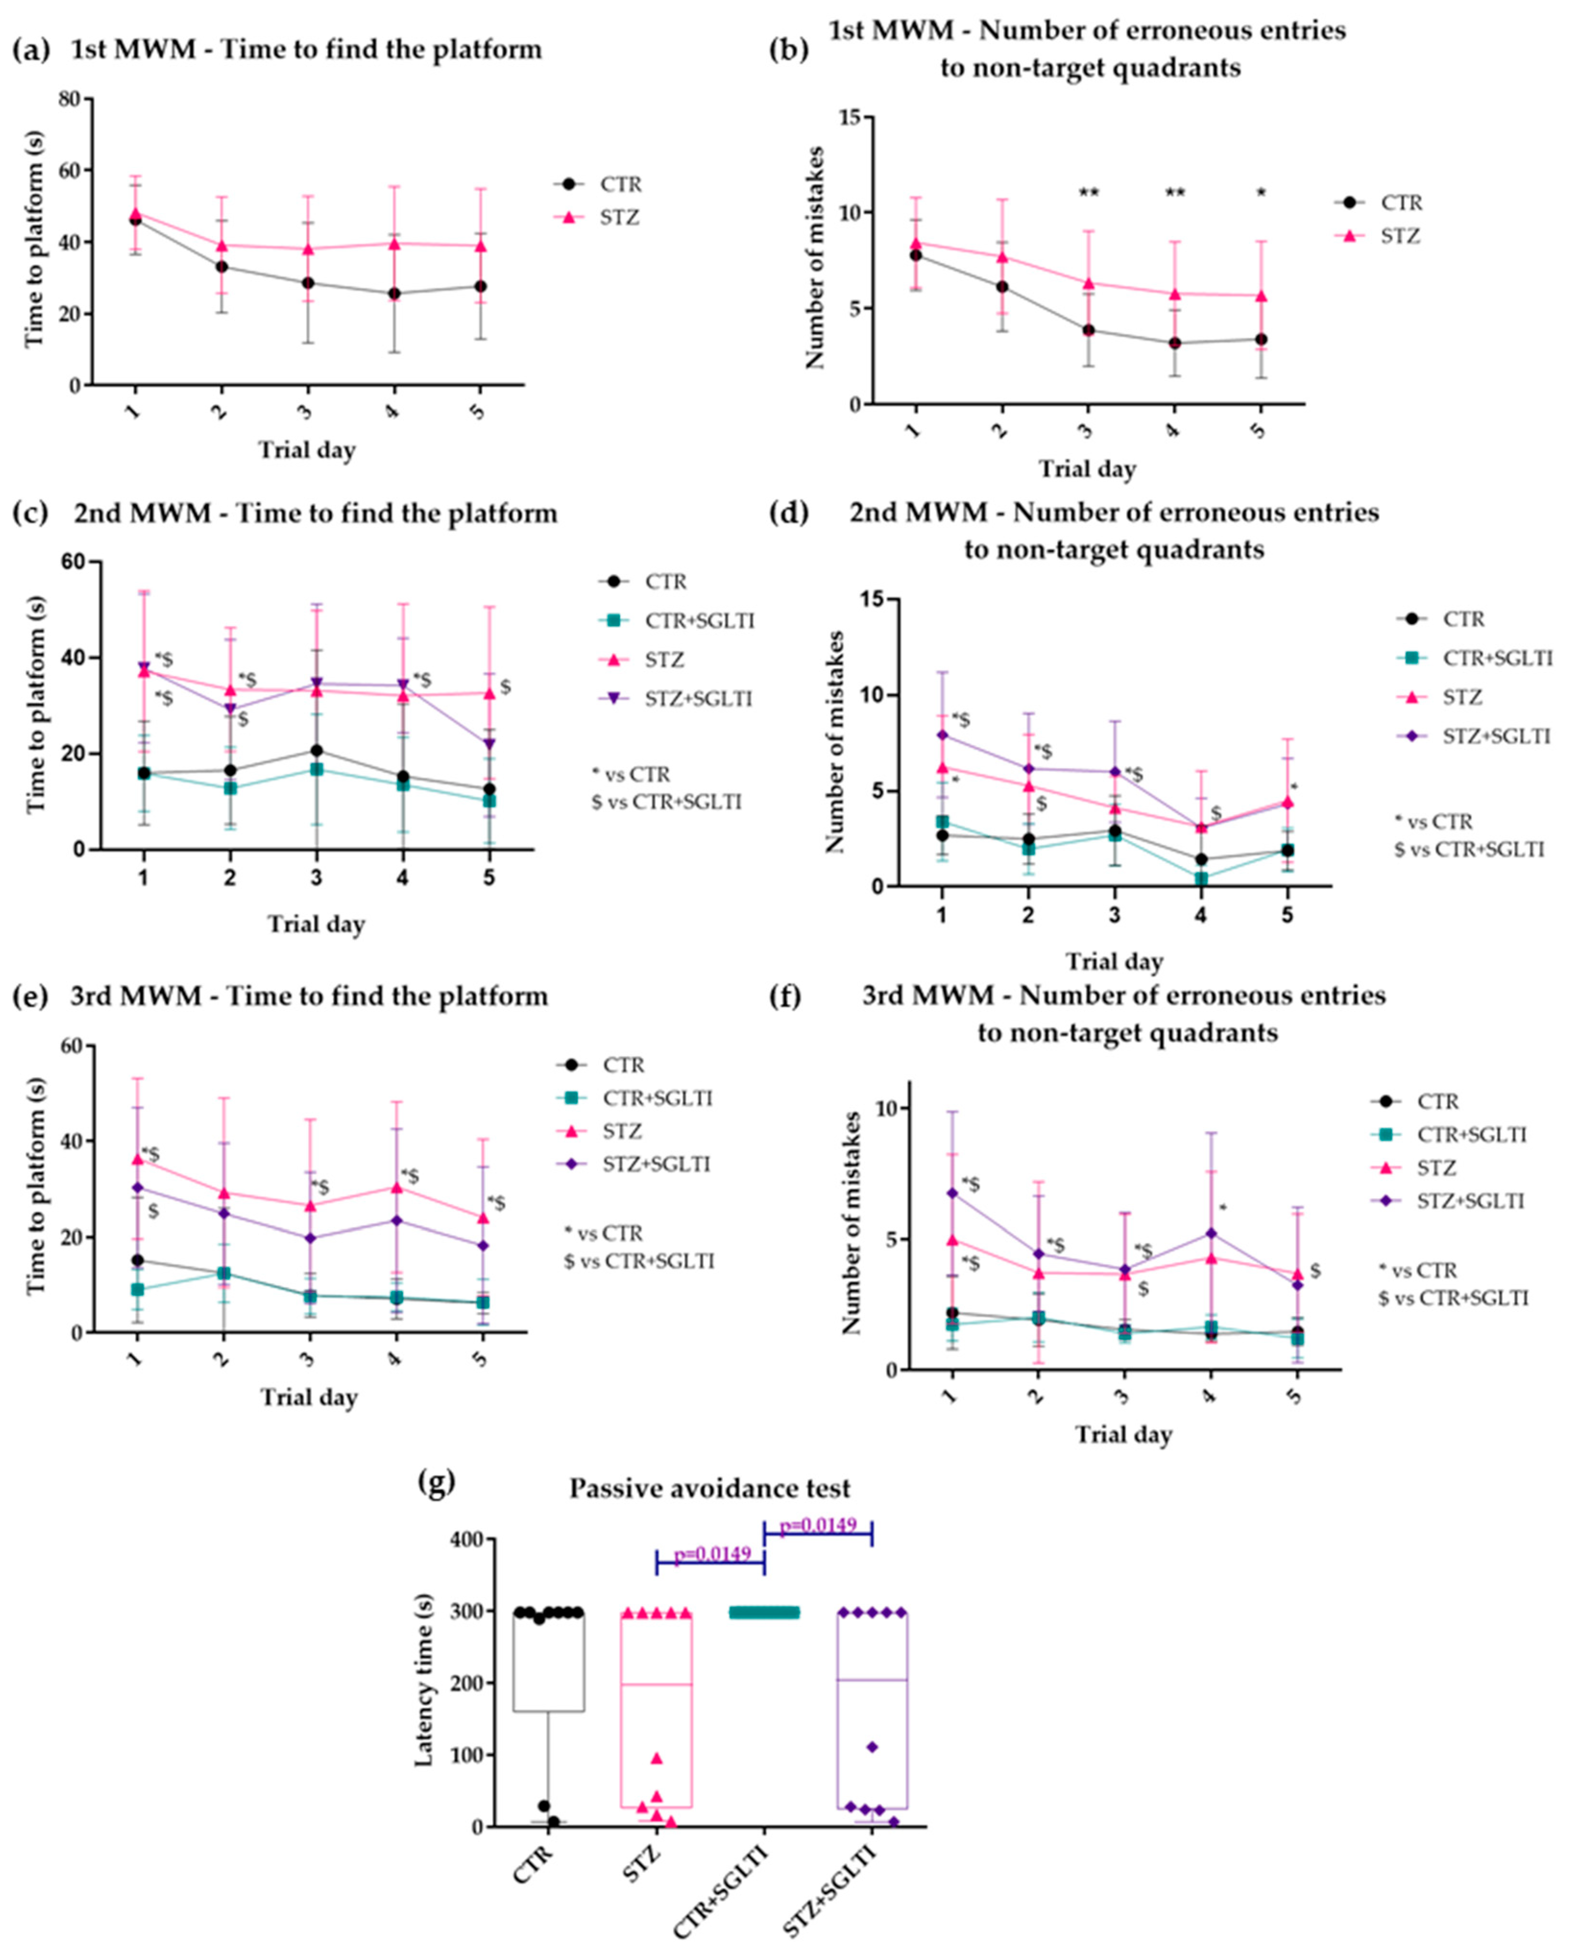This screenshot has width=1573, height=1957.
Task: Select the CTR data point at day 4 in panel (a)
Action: (x=394, y=293)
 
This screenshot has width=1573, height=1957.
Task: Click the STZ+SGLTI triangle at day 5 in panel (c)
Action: (x=489, y=744)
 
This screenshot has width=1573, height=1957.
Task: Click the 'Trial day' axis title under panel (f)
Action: (x=1124, y=1434)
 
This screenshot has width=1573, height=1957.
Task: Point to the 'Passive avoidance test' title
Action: (x=710, y=1488)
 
